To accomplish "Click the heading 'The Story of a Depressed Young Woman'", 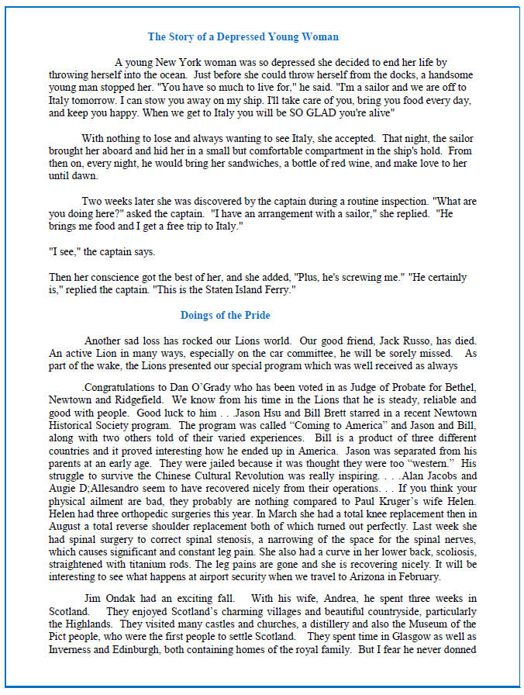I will (x=243, y=36).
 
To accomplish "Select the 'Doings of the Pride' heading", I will (x=225, y=316).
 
